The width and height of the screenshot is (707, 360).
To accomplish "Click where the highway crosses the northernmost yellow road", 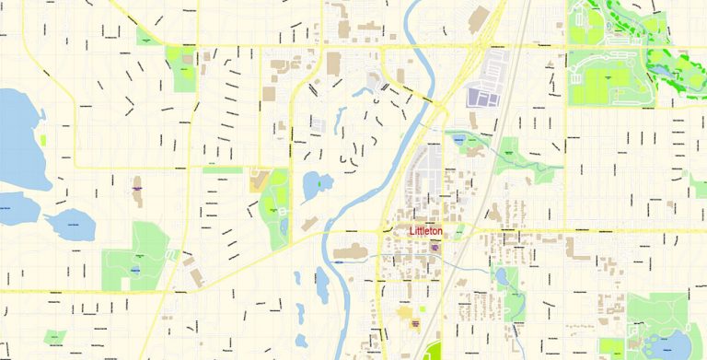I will [x=482, y=45].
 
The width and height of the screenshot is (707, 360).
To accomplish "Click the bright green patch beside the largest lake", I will [x=42, y=141].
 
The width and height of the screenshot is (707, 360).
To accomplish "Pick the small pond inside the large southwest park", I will [x=134, y=270].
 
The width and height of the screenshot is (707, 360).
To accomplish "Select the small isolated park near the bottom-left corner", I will [x=55, y=336].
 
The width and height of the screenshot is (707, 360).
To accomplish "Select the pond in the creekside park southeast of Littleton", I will [x=502, y=276].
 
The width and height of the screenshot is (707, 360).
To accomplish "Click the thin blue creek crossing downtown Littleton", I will [x=460, y=261].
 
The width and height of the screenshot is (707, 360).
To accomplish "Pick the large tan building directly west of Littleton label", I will [x=350, y=250].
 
